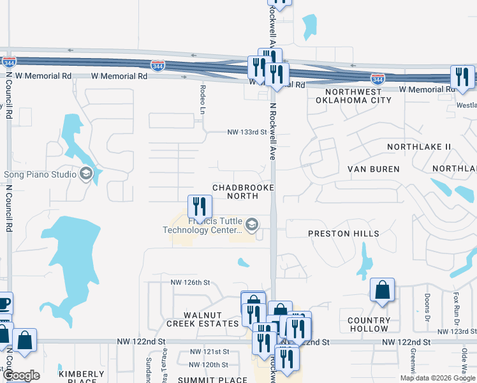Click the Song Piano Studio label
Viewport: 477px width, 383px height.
coord(40,174)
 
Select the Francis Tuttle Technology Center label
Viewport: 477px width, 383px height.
coord(203,225)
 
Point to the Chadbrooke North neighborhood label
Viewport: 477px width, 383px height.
coord(242,191)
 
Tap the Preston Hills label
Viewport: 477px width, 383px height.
coord(343,234)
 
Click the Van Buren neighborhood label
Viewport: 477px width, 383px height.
coord(373,169)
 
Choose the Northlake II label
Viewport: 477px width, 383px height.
coord(419,147)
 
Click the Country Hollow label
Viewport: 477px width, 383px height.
coord(369,324)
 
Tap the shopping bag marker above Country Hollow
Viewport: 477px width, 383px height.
coord(381,290)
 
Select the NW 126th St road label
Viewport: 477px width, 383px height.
coord(190,282)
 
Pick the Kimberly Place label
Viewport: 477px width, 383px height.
coord(82,377)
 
